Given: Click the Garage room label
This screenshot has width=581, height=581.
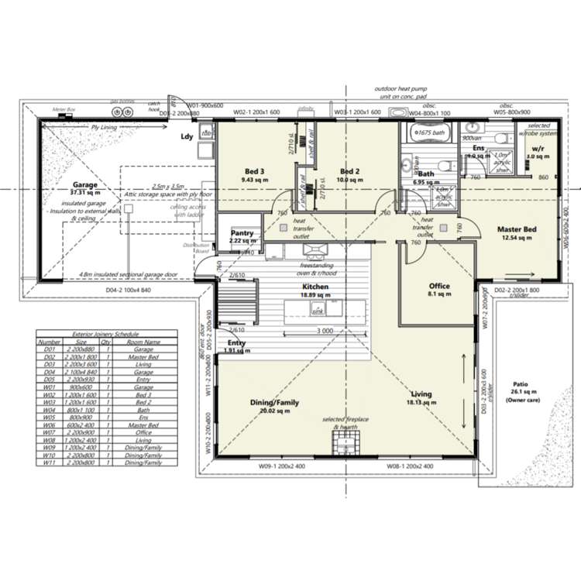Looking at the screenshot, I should coord(85,186).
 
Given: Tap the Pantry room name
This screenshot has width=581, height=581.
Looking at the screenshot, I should coord(242,232).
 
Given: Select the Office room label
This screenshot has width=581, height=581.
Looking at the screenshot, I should coord(438,286).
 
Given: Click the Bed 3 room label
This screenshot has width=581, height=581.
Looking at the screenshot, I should coord(255,171).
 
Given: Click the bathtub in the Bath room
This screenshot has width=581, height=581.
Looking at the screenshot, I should coord(428,133).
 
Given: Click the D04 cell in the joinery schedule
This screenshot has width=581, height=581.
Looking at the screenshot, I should coord(50,371).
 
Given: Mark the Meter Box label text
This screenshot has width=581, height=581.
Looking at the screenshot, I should coord(61,109).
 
